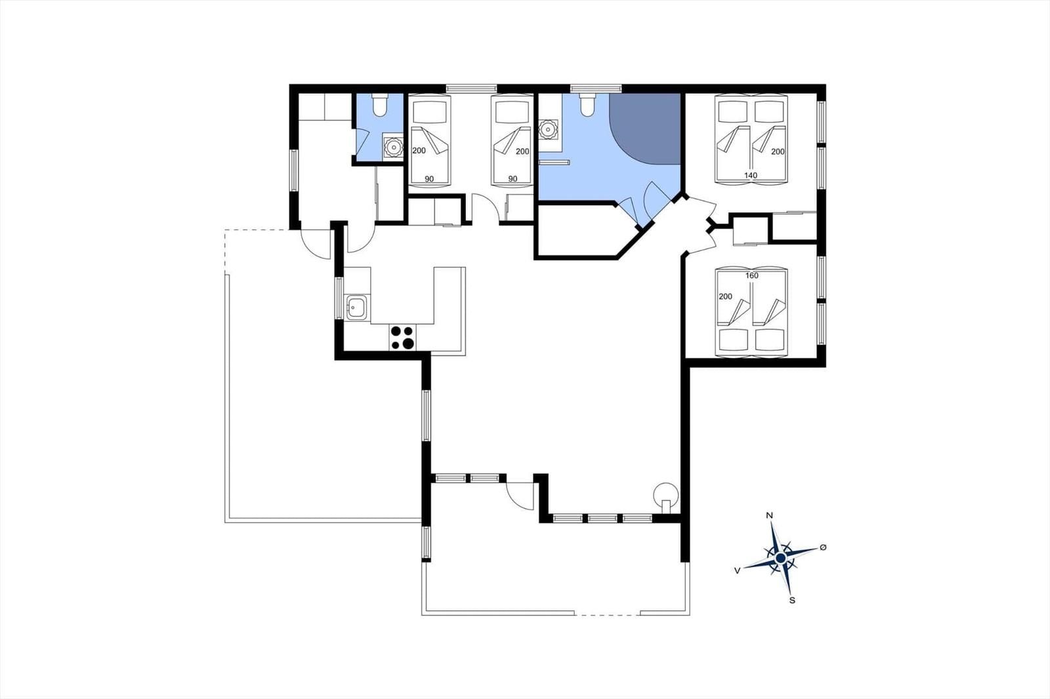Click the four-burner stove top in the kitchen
tap(403, 338)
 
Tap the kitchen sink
tap(357, 308)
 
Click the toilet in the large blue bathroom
tap(587, 104)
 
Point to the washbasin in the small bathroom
tap(393, 147)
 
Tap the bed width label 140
tap(751, 175)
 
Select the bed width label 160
tap(751, 275)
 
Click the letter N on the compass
tap(769, 515)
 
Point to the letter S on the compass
tap(792, 600)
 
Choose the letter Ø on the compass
tap(823, 548)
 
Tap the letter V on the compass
tap(738, 570)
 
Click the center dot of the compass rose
tap(780, 558)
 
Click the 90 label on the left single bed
tap(429, 178)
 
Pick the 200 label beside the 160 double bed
tap(725, 296)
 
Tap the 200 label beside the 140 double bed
tap(778, 151)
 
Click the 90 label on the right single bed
tap(513, 178)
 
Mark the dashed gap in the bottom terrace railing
tap(608, 614)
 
